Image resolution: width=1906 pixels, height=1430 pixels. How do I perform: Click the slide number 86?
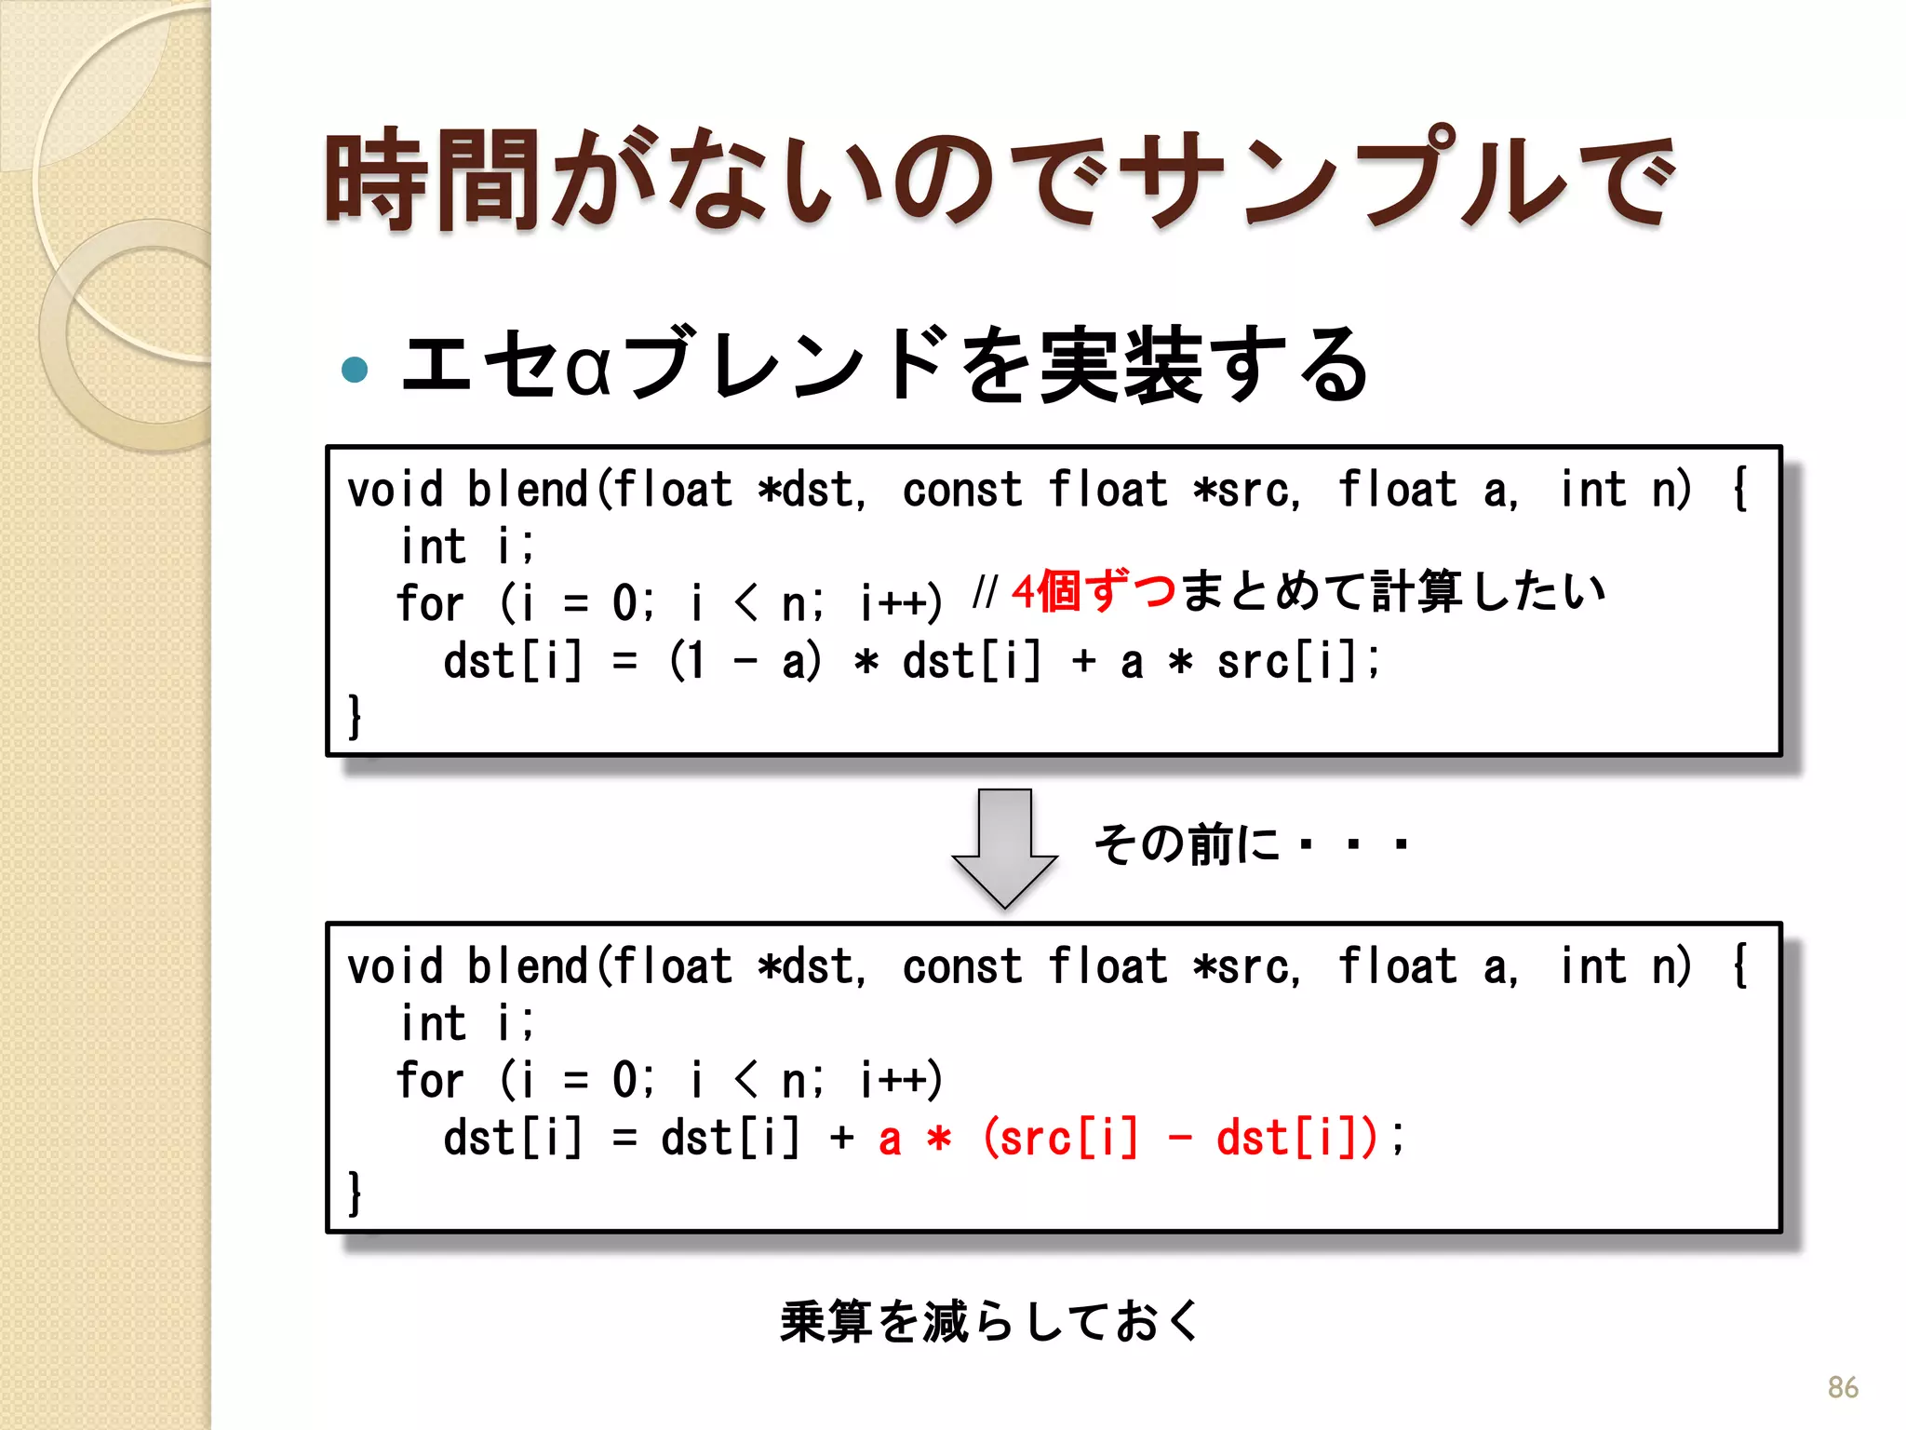(1842, 1387)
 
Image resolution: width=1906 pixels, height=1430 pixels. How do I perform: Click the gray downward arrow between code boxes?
(1004, 846)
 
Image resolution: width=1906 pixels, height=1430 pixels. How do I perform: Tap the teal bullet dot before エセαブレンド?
(355, 370)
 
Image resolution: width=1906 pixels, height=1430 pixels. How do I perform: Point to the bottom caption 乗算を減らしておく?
(990, 1321)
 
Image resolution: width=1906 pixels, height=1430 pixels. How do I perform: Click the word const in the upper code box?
(961, 490)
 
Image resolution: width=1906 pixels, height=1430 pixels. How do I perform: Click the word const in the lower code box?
(961, 966)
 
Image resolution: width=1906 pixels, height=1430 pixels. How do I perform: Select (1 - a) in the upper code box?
(745, 662)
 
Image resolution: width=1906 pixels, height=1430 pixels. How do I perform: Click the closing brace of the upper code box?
(355, 717)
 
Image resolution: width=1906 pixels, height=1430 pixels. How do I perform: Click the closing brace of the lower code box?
(355, 1194)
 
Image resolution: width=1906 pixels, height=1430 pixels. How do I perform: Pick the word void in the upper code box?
(395, 490)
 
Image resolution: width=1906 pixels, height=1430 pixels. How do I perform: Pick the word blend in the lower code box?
(528, 966)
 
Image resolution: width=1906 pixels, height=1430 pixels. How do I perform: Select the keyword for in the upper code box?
(429, 603)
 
